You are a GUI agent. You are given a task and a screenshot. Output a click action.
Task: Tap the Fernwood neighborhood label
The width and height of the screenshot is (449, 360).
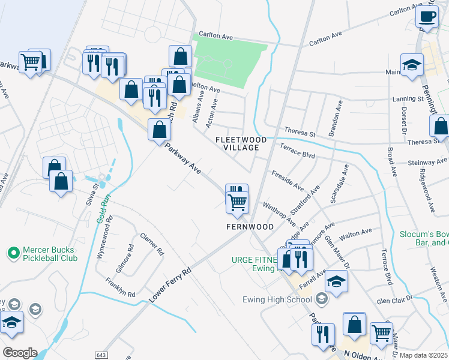pyautogui.click(x=250, y=227)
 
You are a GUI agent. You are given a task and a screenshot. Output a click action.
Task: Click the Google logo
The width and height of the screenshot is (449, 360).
pyautogui.click(x=19, y=353)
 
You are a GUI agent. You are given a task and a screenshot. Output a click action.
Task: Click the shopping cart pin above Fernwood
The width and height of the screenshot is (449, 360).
pyautogui.click(x=238, y=203)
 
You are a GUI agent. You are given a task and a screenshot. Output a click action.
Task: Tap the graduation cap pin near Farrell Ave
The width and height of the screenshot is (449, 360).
pyautogui.click(x=337, y=282)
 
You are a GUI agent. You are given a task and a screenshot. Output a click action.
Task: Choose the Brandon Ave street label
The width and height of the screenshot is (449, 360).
pyautogui.click(x=334, y=118)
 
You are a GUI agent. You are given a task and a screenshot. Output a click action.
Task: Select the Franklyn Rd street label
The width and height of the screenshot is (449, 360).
pyautogui.click(x=120, y=288)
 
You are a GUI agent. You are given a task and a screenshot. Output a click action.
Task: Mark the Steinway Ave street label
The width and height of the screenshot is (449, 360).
pyautogui.click(x=427, y=161)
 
